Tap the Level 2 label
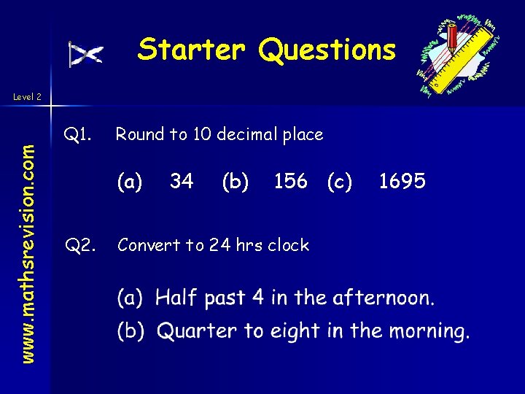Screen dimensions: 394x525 (28, 96)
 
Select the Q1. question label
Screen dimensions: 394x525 (77, 134)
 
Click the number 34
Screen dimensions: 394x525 (182, 181)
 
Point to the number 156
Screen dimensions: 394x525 (290, 181)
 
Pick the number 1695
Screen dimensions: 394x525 (402, 181)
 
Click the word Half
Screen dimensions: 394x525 (176, 298)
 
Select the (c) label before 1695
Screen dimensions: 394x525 (340, 181)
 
